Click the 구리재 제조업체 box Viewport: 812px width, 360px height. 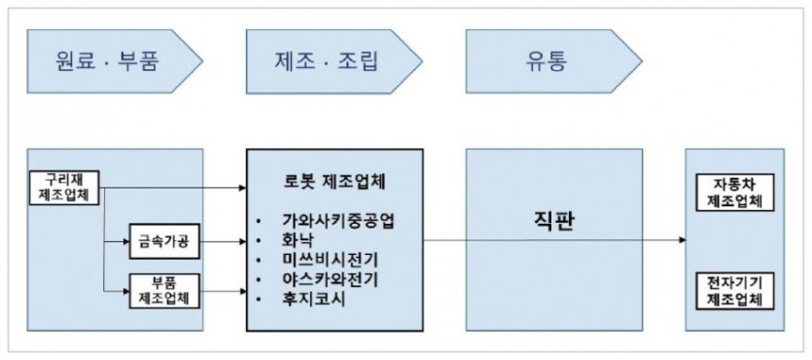(65, 185)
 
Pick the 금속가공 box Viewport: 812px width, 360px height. (162, 239)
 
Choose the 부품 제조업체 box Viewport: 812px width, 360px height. (162, 291)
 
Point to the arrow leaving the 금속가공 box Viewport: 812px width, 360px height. (222, 239)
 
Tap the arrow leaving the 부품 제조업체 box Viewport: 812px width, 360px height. (222, 290)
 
